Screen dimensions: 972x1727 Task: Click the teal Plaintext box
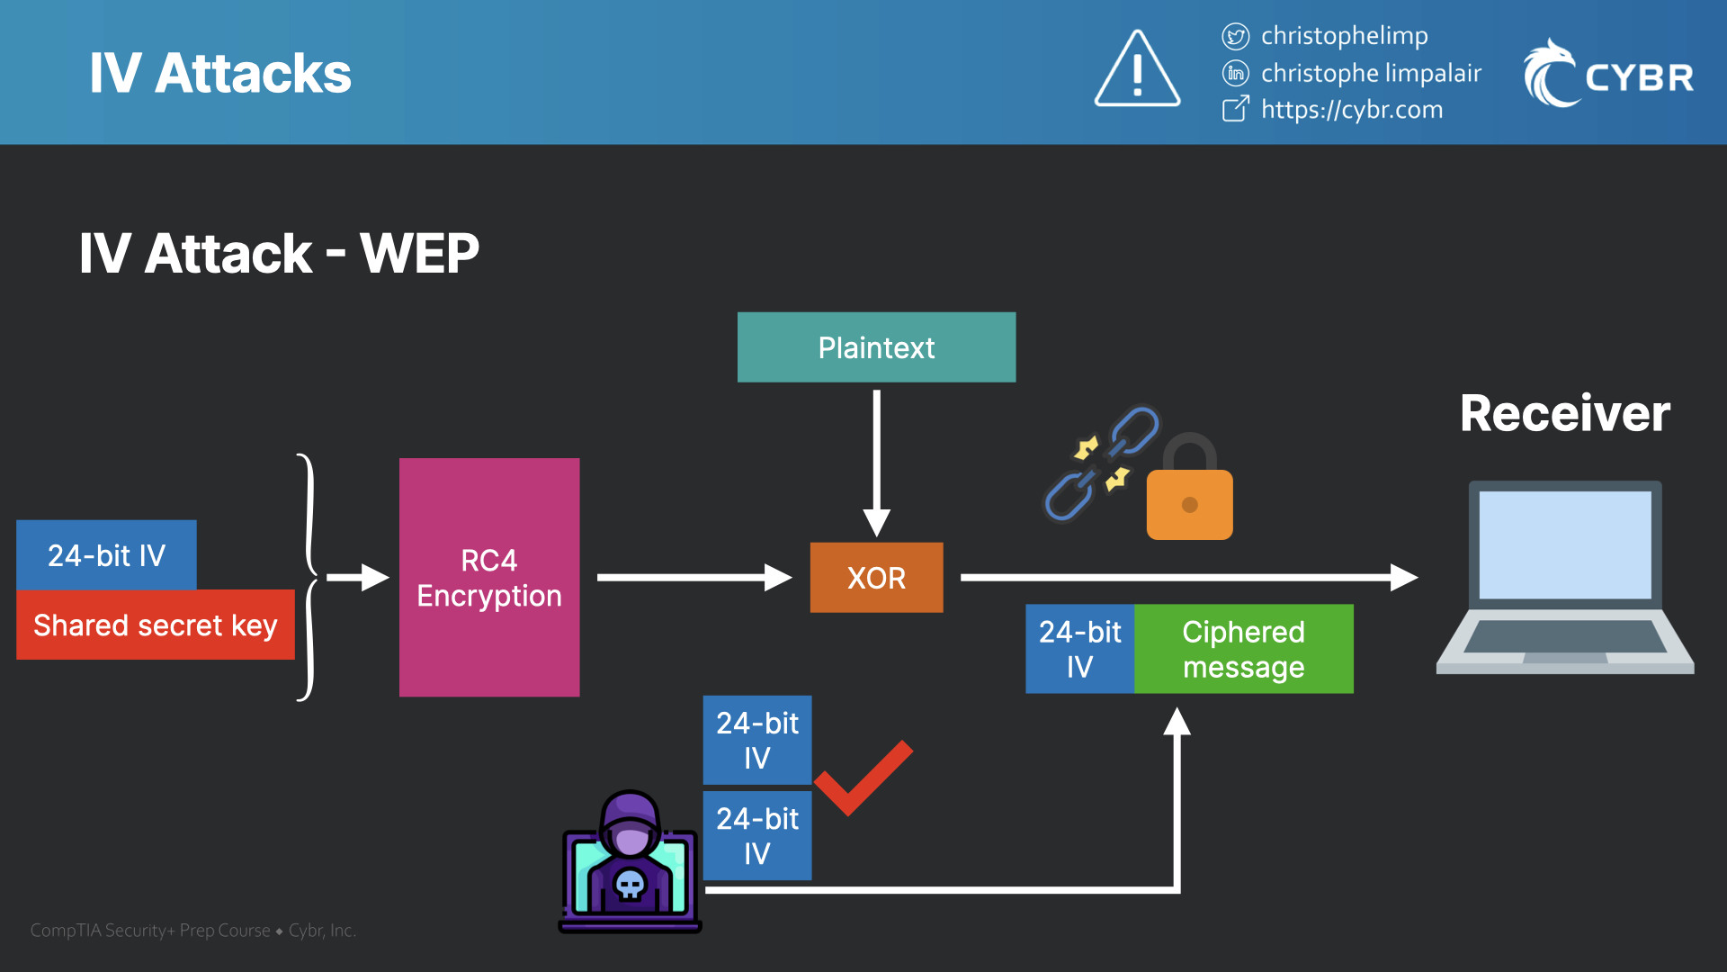point(876,347)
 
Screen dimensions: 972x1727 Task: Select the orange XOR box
point(876,577)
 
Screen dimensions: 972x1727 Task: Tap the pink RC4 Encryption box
point(489,577)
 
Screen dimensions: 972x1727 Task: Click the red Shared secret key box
point(155,625)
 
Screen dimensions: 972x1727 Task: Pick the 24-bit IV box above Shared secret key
point(106,554)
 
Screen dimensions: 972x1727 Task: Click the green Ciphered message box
point(1243,649)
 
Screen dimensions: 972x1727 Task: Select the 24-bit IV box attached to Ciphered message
point(1079,649)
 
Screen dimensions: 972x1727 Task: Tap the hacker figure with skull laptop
point(630,864)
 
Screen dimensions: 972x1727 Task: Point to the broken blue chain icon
point(1102,463)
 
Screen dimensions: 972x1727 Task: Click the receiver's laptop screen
point(1565,544)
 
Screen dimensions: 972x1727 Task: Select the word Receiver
point(1564,413)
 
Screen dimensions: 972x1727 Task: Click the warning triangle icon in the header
point(1137,71)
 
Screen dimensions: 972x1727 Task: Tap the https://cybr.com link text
point(1351,110)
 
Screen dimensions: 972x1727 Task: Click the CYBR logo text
point(1639,77)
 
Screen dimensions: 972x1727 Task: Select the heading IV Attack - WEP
point(279,253)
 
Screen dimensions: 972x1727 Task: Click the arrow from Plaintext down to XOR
point(876,459)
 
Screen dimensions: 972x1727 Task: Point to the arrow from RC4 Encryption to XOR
point(693,577)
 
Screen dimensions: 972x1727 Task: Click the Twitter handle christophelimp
point(1344,35)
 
